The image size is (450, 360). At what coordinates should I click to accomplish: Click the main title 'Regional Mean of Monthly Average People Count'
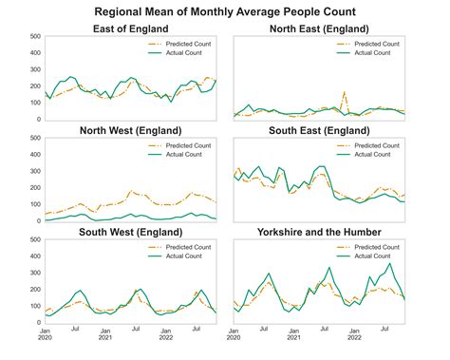pyautogui.click(x=225, y=11)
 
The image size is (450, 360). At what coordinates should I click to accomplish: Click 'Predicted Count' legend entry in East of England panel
pyautogui.click(x=189, y=44)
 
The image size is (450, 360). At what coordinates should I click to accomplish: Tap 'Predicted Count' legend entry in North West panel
pyautogui.click(x=189, y=145)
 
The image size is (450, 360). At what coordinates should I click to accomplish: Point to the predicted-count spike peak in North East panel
pyautogui.click(x=344, y=92)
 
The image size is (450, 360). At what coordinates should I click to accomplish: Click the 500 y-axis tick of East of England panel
pyautogui.click(x=34, y=37)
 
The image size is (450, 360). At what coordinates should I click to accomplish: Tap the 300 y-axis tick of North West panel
pyautogui.click(x=34, y=171)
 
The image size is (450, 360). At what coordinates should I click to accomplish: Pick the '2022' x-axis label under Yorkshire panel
pyautogui.click(x=353, y=337)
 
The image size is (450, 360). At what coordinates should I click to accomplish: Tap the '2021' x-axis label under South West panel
pyautogui.click(x=105, y=337)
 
